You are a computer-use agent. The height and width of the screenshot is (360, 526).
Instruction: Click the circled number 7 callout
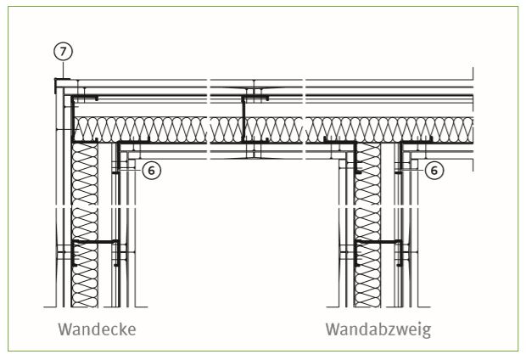coord(63,52)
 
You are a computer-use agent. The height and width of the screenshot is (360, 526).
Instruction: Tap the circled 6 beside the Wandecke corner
coord(152,171)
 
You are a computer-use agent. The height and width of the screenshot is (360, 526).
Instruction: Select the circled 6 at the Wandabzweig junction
coord(434,171)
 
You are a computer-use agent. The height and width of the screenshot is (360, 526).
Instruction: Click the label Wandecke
coord(97,329)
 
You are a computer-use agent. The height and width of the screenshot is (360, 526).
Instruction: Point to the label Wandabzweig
coord(378,329)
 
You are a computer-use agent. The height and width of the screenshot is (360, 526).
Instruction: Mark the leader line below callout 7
coord(63,70)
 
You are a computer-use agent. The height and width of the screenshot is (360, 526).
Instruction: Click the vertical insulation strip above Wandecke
coord(85,224)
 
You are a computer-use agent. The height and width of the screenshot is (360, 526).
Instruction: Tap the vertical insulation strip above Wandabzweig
coord(367,224)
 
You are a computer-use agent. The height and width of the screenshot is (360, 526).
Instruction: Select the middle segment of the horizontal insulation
coord(256,130)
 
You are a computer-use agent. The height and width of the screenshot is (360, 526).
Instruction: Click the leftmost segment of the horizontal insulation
coord(140,130)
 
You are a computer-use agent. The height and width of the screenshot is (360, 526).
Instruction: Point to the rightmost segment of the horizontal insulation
coord(389,130)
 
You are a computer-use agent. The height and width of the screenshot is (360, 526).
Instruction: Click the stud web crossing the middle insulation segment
coord(243,118)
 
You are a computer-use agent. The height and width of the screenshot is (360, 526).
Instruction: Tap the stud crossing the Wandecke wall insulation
coord(96,242)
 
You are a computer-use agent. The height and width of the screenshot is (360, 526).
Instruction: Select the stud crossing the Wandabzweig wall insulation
coord(378,242)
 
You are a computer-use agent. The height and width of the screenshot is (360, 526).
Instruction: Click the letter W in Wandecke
coord(64,329)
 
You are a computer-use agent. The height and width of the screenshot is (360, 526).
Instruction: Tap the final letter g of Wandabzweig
coord(427,332)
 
